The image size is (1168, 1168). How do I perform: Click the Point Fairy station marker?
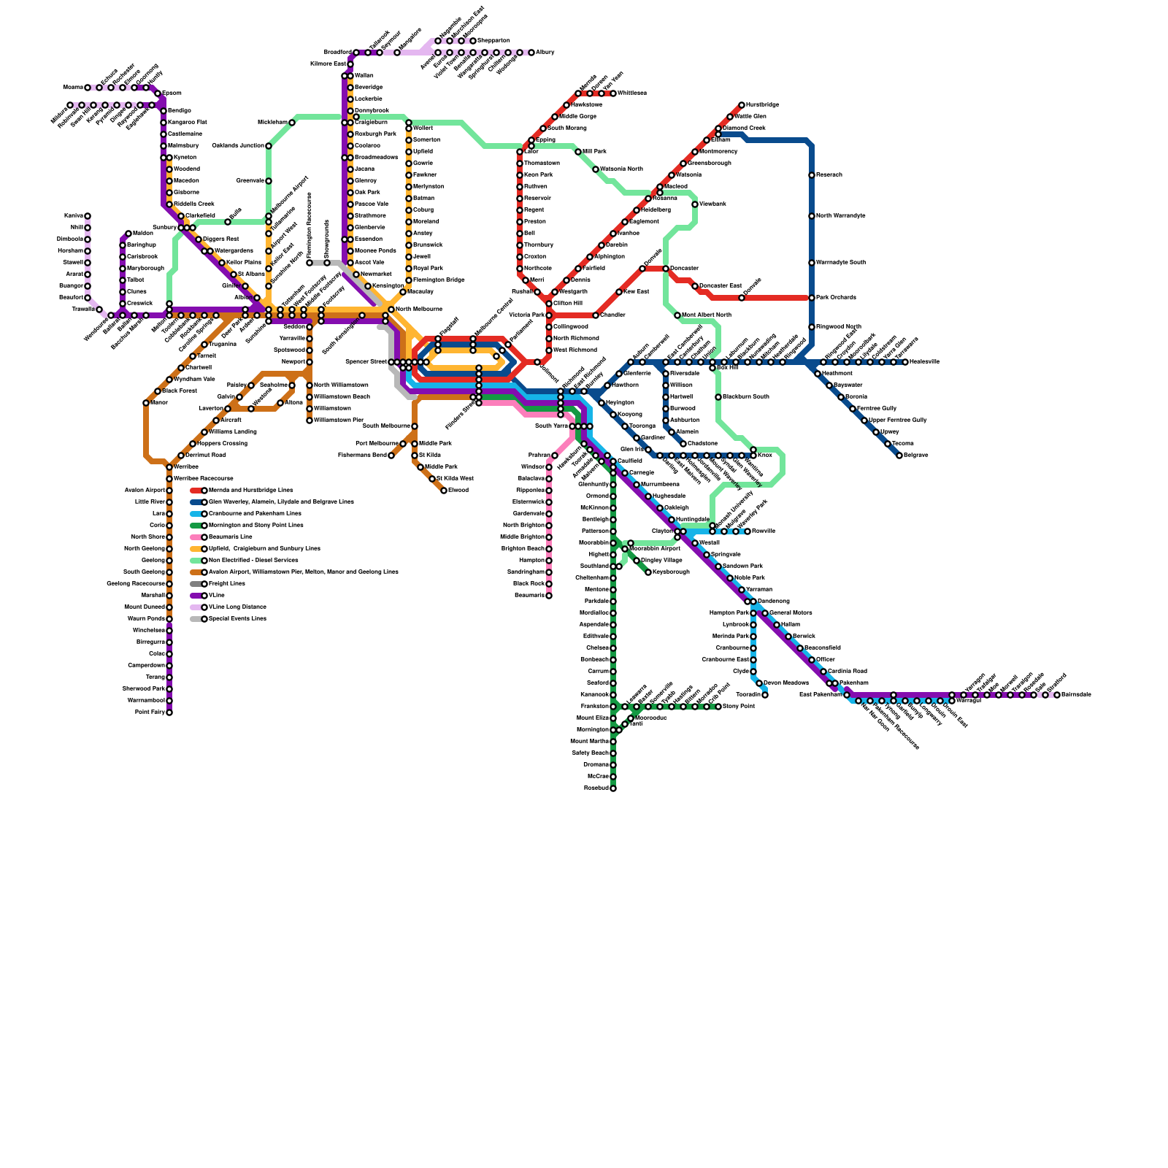(x=169, y=712)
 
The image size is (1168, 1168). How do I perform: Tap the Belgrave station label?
(x=915, y=456)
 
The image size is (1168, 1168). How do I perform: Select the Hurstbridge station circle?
(x=742, y=105)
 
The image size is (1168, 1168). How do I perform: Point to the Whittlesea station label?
(x=632, y=93)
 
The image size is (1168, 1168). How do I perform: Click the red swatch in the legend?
(x=196, y=491)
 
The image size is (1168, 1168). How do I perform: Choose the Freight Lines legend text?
(x=227, y=584)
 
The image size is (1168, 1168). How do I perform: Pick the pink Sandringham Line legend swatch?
(x=196, y=537)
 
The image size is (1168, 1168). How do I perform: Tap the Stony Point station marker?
(x=718, y=707)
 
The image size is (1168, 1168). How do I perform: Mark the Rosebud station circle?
(x=613, y=788)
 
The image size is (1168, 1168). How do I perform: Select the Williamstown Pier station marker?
(x=310, y=420)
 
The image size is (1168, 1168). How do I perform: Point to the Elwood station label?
(x=458, y=491)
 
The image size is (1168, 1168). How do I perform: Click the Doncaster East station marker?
(x=695, y=286)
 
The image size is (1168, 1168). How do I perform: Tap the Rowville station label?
(x=764, y=531)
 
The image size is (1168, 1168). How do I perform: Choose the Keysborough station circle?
(x=648, y=572)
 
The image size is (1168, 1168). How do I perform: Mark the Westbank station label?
(x=712, y=204)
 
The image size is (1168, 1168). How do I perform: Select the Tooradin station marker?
(x=765, y=695)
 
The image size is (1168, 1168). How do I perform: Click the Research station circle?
(x=812, y=175)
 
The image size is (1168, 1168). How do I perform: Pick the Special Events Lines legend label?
(x=237, y=619)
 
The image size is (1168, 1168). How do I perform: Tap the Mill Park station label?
(x=595, y=152)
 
